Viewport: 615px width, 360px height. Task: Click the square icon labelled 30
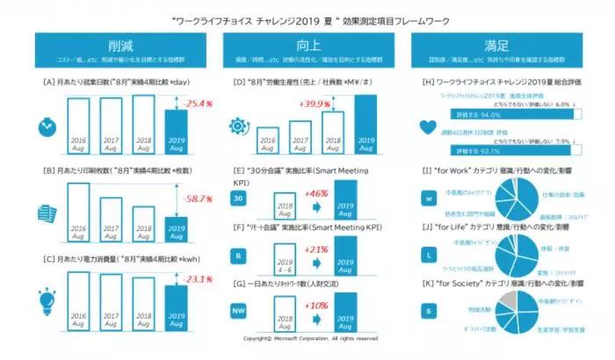(x=237, y=199)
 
